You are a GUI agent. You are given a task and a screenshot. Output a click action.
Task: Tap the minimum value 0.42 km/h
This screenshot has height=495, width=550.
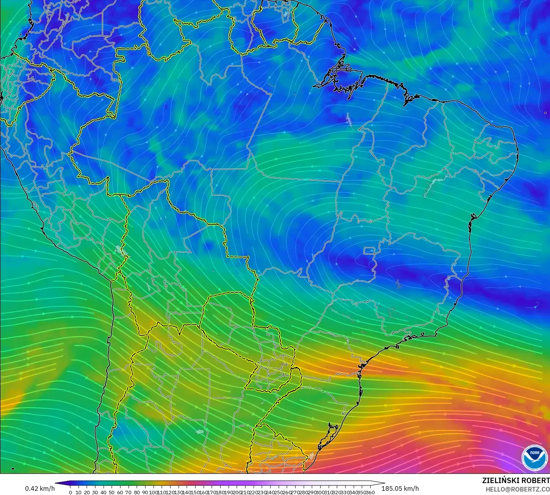point(40,488)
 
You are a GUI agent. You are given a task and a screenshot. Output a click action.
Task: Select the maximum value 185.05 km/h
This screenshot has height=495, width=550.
point(400,488)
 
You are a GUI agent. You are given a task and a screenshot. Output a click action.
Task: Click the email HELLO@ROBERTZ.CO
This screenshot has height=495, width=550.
point(517,489)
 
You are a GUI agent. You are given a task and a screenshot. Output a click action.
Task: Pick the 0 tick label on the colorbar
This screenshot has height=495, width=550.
point(70,492)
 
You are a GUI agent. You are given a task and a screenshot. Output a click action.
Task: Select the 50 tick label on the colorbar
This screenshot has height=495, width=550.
point(112,492)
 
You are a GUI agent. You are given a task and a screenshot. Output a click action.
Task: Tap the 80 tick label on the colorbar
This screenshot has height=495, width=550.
point(137,492)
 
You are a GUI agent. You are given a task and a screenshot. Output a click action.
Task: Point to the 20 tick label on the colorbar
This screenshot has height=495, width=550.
point(87,492)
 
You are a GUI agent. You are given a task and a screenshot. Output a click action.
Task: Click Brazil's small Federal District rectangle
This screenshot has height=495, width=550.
point(369,252)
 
